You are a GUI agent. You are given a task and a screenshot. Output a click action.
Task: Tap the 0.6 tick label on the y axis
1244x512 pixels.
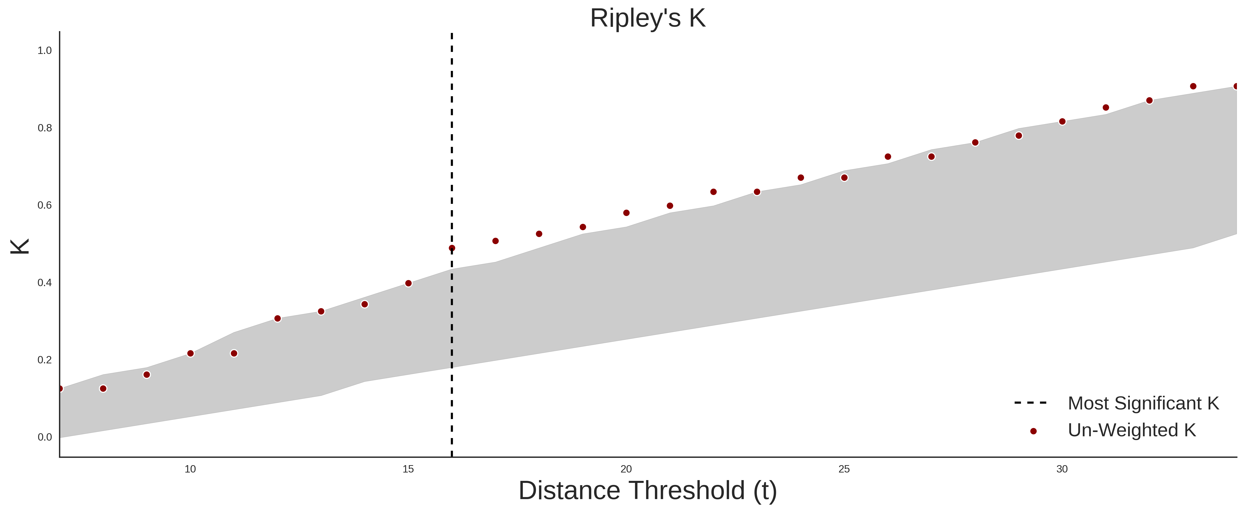pos(45,205)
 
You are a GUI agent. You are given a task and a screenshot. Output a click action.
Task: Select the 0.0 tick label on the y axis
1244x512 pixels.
pos(45,437)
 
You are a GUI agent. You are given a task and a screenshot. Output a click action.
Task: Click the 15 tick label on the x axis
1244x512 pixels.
pos(408,469)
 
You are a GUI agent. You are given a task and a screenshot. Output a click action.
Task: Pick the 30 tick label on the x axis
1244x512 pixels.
pos(1062,469)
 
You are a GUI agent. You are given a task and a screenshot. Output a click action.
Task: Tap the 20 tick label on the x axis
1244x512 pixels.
pos(626,469)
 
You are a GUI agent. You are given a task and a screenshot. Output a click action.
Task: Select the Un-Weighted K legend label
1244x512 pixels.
pos(1132,430)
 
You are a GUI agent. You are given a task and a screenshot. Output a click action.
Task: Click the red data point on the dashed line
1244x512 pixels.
pos(452,248)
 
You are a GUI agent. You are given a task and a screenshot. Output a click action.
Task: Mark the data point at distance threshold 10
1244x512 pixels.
pos(190,353)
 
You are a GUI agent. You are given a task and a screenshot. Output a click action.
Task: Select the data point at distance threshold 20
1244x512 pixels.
pos(626,213)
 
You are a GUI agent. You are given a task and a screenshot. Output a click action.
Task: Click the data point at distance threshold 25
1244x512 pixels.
pos(844,178)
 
